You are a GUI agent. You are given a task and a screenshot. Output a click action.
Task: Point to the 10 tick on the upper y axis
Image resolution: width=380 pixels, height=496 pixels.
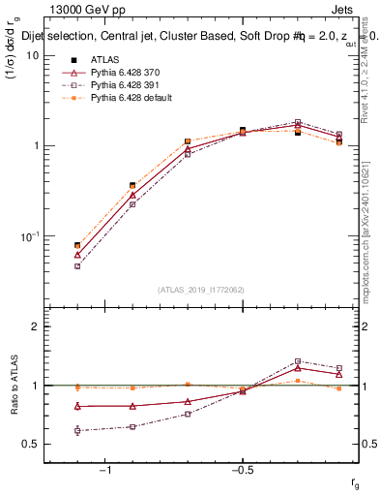(33, 55)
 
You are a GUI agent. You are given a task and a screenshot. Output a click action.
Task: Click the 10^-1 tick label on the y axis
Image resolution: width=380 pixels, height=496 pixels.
(29, 235)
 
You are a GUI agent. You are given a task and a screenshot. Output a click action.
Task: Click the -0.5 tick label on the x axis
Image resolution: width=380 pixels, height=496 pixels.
(242, 470)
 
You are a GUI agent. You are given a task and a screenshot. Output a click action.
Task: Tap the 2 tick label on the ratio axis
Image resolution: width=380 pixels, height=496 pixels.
(35, 326)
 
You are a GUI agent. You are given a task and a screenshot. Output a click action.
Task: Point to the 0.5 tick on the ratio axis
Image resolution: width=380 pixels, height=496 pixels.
(31, 444)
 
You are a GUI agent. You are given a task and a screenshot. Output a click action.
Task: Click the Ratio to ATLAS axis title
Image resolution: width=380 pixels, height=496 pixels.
(13, 386)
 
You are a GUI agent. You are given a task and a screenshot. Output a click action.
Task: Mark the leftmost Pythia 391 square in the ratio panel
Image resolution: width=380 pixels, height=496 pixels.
(77, 430)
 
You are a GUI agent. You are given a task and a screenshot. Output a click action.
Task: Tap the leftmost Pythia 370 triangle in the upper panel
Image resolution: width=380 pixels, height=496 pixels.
(77, 255)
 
